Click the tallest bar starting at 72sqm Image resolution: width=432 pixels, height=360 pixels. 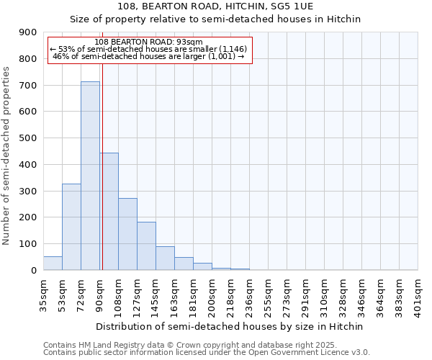pos(90,176)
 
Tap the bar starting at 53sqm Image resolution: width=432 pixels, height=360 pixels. pos(71,227)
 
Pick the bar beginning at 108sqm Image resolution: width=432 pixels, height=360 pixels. pos(127,234)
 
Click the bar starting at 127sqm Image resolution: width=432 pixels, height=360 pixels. pos(146,246)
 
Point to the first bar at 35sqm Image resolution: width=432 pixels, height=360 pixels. pos(53,264)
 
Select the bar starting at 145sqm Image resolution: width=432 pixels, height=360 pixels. pos(165,258)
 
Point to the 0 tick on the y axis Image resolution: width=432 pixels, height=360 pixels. pos(33,270)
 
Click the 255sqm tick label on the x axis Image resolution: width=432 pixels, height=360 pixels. pos(268,293)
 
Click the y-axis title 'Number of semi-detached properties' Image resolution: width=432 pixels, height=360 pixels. pos(7,156)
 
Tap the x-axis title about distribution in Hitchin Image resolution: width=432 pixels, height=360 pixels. pos(230,326)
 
